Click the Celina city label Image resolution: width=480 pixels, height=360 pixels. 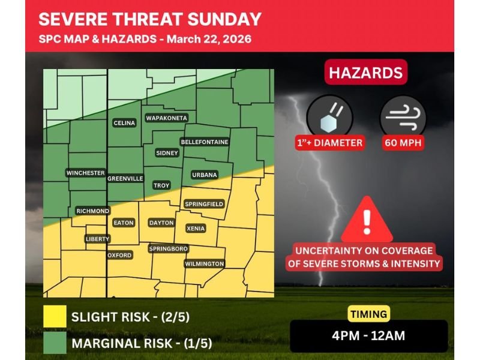click(x=124, y=123)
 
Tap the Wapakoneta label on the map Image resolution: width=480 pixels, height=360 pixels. click(x=167, y=118)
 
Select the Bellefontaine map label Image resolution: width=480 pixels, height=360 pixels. click(x=204, y=142)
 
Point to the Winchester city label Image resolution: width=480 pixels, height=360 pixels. click(x=85, y=173)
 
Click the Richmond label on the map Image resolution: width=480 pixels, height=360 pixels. click(x=92, y=211)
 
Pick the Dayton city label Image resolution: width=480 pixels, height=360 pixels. click(x=161, y=223)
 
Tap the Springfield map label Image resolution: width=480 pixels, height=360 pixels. click(x=204, y=204)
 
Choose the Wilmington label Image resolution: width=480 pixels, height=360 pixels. click(x=204, y=264)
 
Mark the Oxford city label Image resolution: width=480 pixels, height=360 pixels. click(x=119, y=255)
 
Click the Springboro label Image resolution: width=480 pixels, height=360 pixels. click(x=168, y=248)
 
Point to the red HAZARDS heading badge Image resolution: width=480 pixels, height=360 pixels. click(x=366, y=73)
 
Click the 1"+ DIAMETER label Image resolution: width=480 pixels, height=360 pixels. click(x=329, y=143)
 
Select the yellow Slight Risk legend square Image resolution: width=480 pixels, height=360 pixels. click(x=55, y=317)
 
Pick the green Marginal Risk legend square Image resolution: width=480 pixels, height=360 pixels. click(x=55, y=344)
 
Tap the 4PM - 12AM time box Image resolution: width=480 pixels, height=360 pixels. click(x=368, y=336)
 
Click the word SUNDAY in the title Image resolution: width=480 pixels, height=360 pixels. click(x=225, y=19)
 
